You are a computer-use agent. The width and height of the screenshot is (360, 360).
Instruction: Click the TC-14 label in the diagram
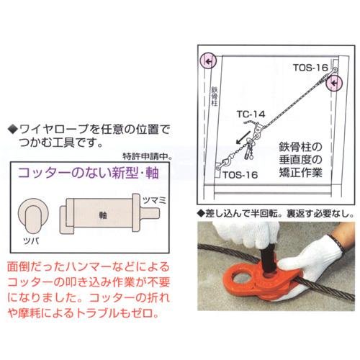(x=251, y=114)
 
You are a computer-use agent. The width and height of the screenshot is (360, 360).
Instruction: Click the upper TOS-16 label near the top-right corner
(x=310, y=68)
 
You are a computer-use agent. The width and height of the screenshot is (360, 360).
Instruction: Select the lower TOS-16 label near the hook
(x=240, y=175)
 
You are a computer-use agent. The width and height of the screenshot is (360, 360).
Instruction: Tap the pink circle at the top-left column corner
(x=208, y=60)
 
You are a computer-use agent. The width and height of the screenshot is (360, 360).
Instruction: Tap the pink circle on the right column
(x=334, y=83)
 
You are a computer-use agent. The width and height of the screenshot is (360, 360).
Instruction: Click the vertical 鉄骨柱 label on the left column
(x=214, y=96)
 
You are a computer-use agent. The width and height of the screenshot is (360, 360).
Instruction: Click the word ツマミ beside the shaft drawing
(x=154, y=200)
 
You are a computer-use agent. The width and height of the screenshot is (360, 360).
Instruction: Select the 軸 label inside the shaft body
(x=103, y=215)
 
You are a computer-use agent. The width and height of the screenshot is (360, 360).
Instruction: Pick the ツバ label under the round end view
(x=32, y=240)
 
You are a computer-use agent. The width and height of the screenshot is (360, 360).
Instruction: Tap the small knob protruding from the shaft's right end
(x=150, y=213)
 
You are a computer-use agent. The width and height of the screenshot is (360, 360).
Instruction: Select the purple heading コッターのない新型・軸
(x=89, y=172)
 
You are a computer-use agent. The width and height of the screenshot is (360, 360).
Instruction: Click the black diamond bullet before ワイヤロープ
(x=13, y=130)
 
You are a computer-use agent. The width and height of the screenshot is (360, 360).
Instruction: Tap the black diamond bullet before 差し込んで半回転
(x=200, y=213)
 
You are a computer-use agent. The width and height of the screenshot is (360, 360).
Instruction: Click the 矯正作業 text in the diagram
(x=300, y=172)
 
